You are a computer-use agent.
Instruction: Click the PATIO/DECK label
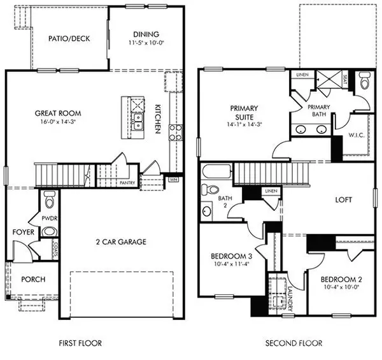(x=69, y=38)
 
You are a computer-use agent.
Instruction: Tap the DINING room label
(x=145, y=34)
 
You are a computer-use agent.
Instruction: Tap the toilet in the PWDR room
(x=50, y=201)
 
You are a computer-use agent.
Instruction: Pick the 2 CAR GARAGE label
(x=120, y=242)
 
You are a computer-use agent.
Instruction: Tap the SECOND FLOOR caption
(x=294, y=343)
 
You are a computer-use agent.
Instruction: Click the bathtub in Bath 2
(x=216, y=172)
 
